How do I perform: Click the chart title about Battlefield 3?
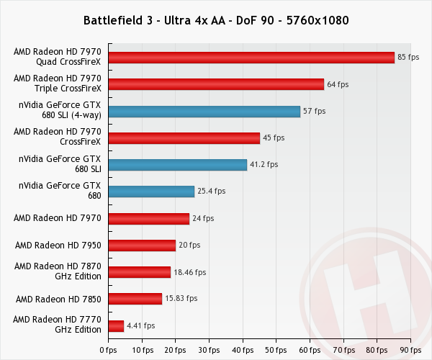216,19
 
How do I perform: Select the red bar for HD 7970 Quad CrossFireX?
251,58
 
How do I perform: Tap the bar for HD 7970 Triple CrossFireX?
215,84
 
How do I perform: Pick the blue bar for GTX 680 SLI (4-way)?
204,111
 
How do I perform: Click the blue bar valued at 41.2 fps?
177,164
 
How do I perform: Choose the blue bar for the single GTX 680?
151,191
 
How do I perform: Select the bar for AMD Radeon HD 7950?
142,245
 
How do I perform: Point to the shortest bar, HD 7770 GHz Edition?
116,325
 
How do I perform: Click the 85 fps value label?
408,58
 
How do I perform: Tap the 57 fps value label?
315,111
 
